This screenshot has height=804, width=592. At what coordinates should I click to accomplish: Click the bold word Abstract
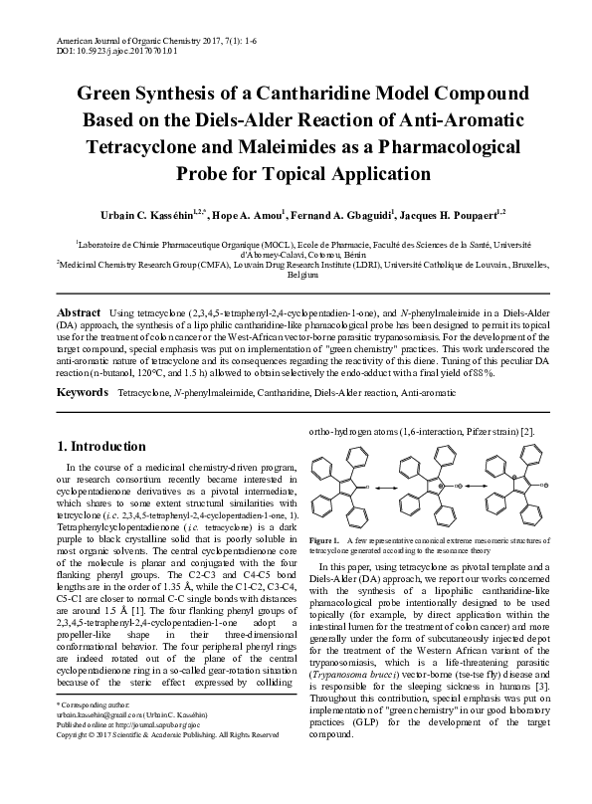tap(81, 311)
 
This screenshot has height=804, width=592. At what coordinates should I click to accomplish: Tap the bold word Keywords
tap(84, 394)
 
